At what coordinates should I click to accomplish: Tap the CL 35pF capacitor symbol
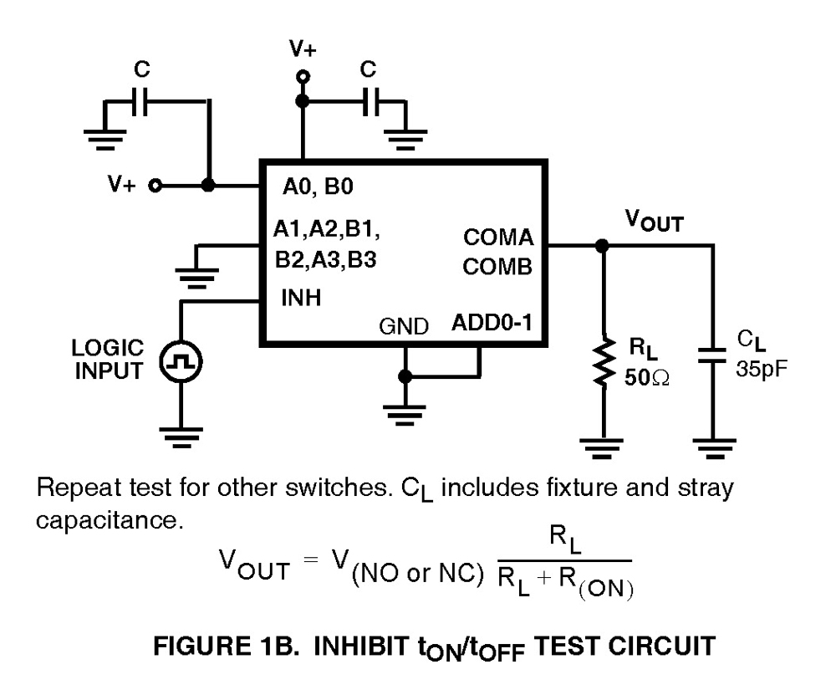[712, 354]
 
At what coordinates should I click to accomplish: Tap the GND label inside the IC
[404, 326]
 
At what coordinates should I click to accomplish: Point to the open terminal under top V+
[303, 77]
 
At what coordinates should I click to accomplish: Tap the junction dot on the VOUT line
[602, 246]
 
